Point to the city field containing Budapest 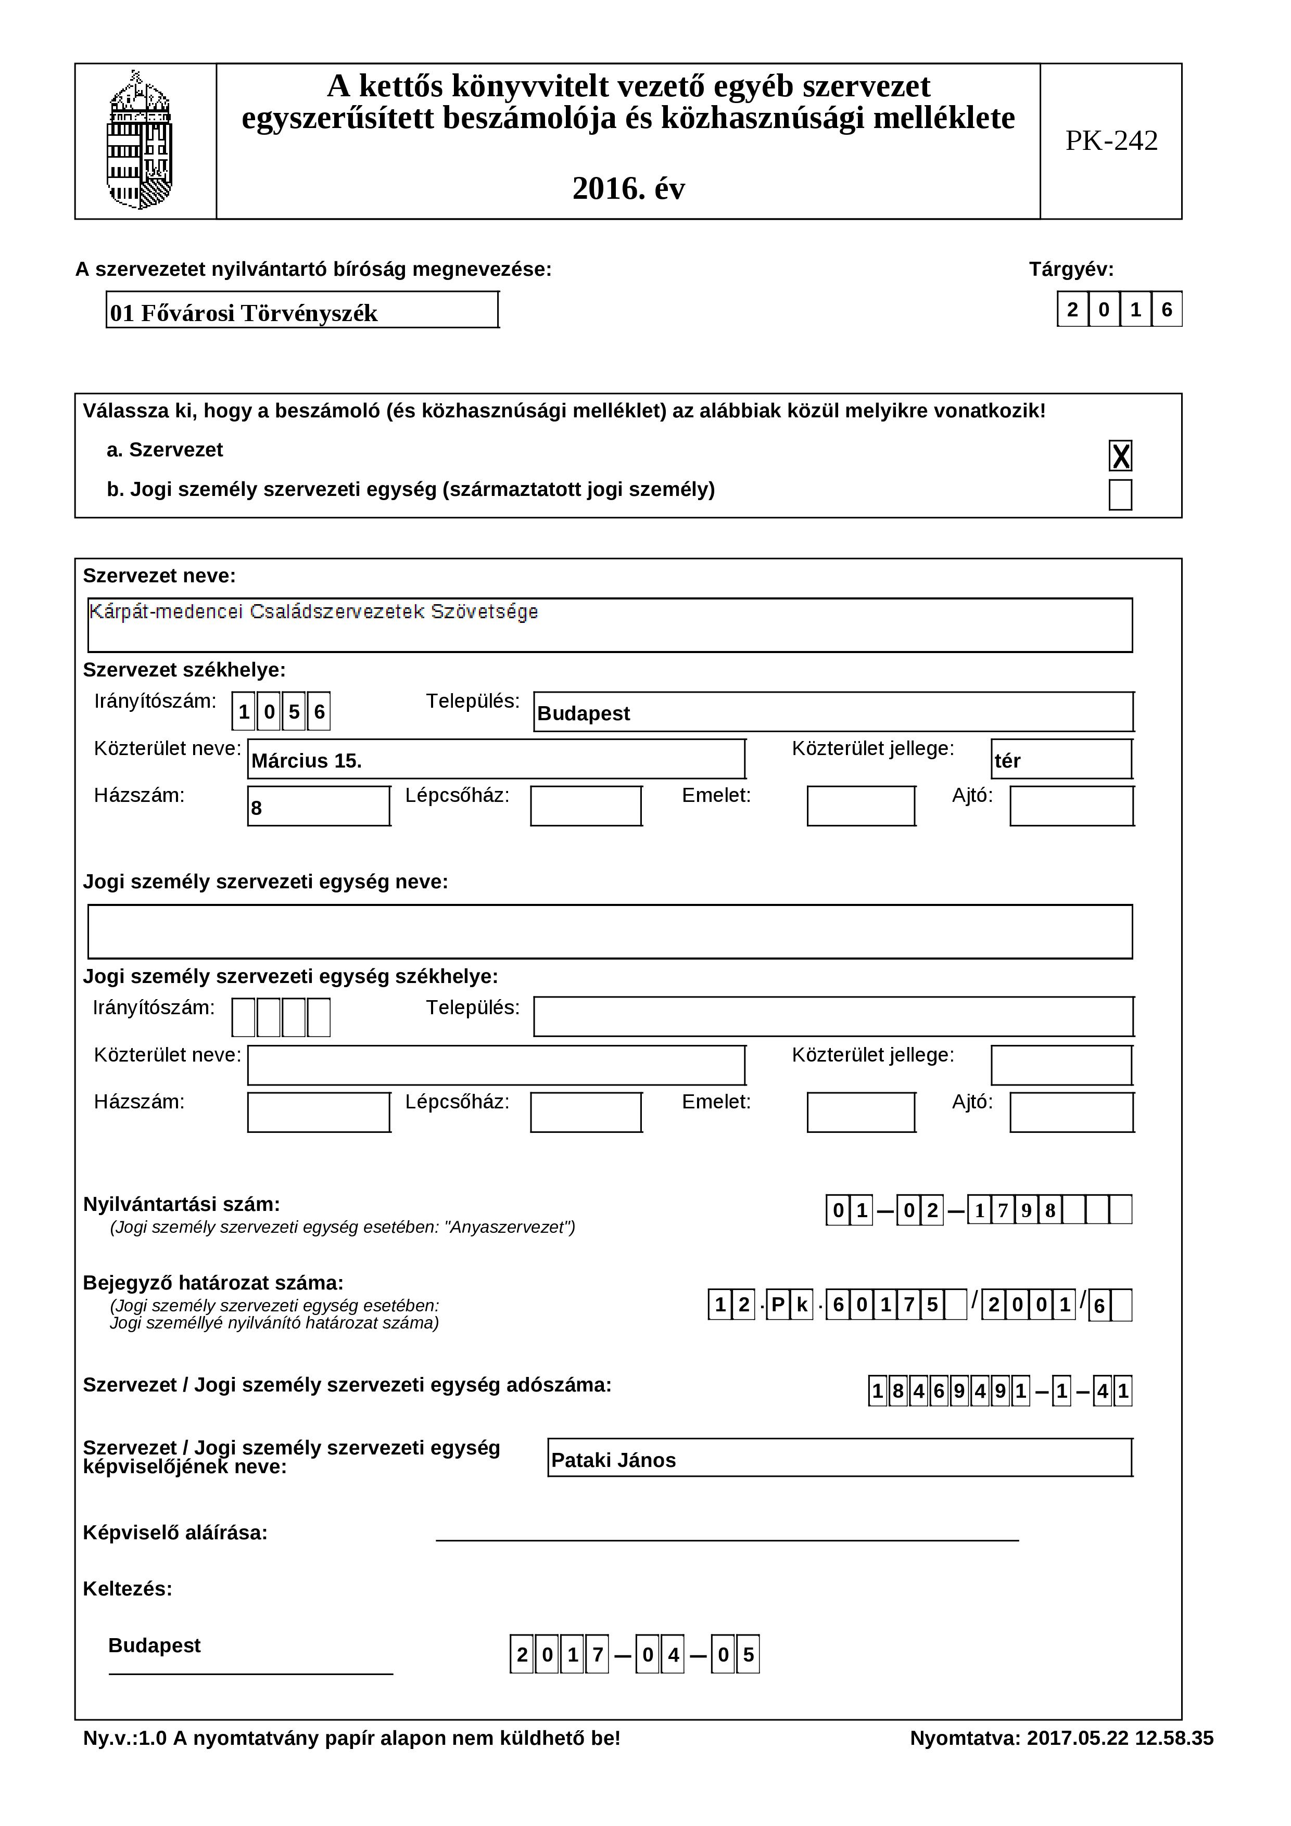point(833,712)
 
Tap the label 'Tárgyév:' point(1071,270)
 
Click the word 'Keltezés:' point(127,1589)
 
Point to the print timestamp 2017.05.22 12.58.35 point(1120,1739)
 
